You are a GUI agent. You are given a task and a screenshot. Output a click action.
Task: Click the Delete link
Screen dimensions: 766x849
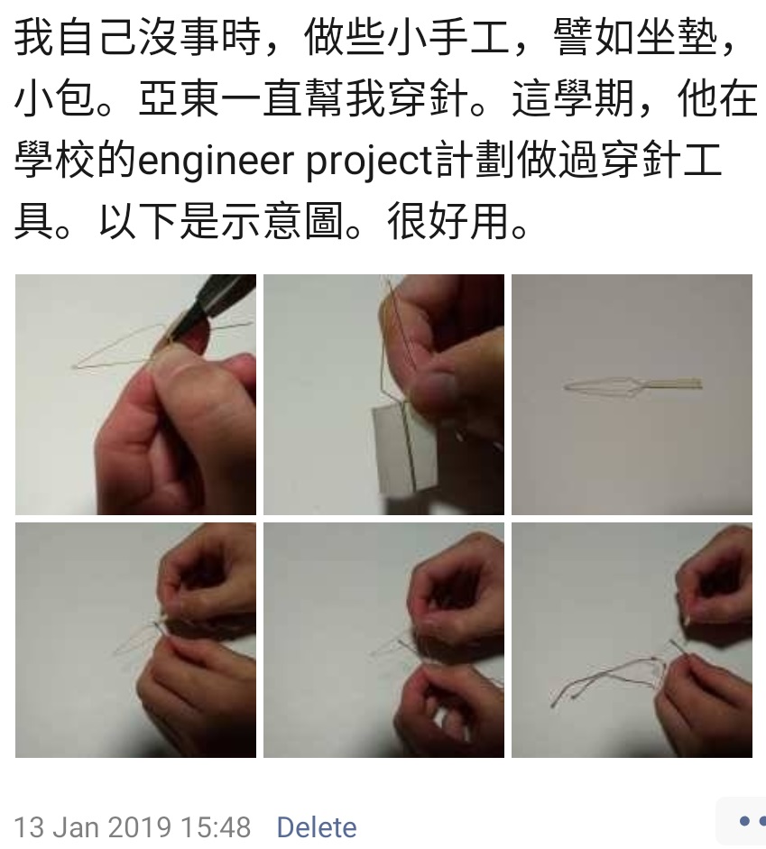coord(317,827)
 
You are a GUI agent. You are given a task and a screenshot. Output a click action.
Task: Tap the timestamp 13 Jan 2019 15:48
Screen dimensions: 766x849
coord(132,827)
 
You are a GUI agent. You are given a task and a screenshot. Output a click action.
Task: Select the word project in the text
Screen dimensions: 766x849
coord(369,161)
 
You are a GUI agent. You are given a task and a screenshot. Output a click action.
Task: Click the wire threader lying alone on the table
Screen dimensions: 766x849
coord(632,385)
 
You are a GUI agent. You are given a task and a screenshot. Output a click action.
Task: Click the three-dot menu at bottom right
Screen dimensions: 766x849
coord(752,821)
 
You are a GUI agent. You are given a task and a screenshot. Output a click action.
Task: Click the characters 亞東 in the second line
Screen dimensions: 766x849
coord(180,99)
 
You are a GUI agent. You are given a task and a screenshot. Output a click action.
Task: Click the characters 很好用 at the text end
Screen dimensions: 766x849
coord(448,221)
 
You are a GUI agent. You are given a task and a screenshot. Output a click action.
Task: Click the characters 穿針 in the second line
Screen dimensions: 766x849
coord(429,99)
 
